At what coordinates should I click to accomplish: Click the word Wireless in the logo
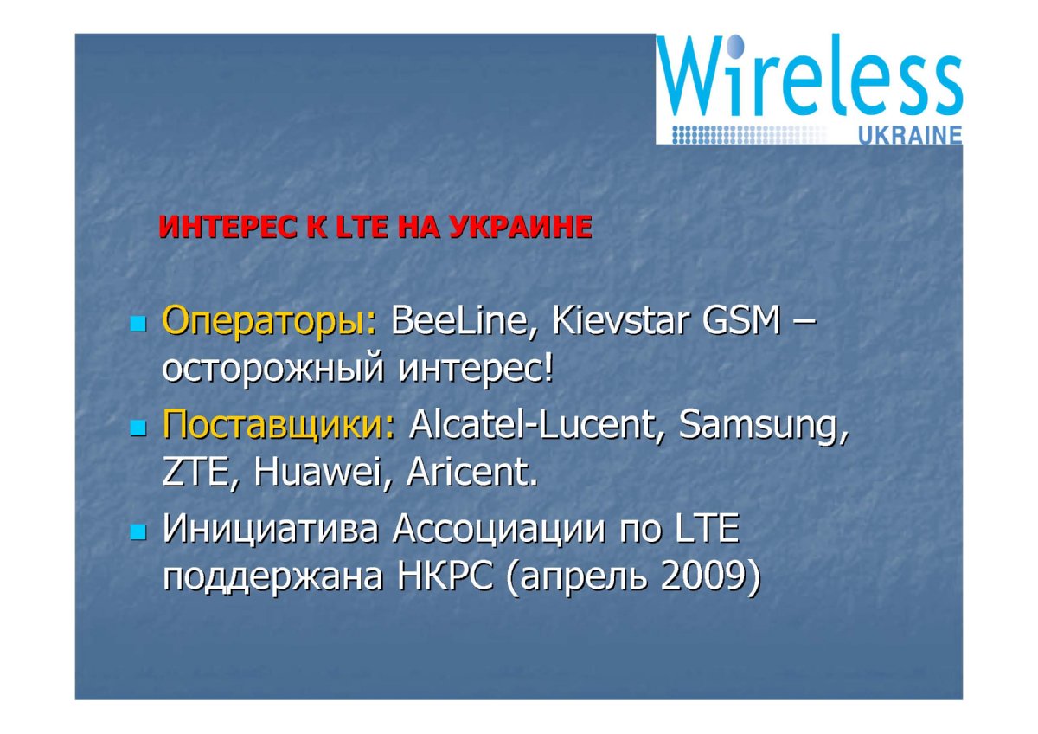[x=810, y=75]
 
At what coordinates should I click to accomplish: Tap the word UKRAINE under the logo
[x=911, y=135]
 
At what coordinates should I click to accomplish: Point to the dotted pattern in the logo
[x=748, y=134]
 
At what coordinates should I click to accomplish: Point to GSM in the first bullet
[x=742, y=320]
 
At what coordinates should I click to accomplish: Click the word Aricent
[x=472, y=473]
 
